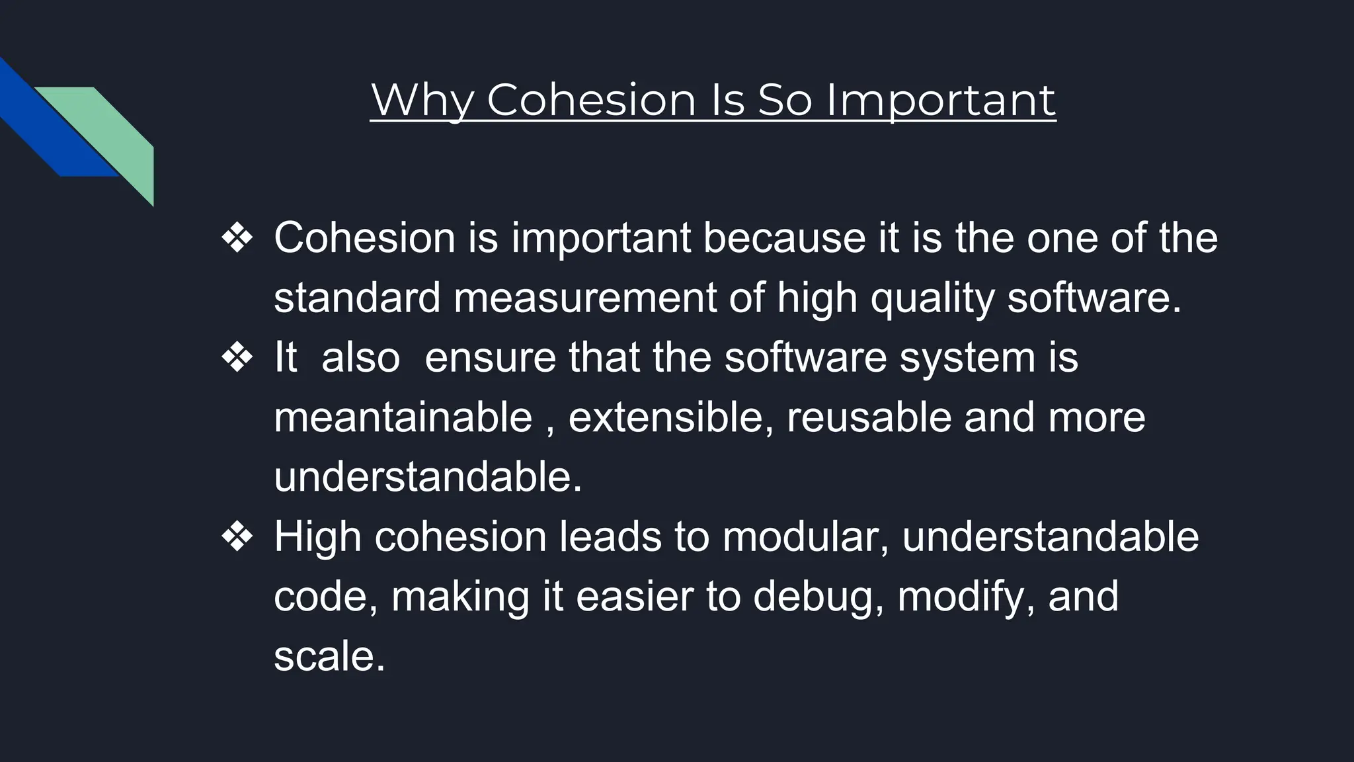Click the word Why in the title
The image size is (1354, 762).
pos(423,101)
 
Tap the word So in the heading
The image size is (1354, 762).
pos(785,101)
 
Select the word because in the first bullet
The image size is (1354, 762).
pos(784,237)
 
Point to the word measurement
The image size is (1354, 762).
pos(585,298)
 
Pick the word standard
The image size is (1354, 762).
pos(357,298)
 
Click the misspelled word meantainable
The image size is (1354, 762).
pos(403,417)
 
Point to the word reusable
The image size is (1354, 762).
pos(869,417)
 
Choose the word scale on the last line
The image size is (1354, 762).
pos(329,656)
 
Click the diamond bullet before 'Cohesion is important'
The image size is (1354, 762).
pos(237,239)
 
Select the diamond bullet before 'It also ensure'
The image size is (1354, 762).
pos(237,359)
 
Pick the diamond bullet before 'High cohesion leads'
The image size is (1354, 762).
pos(237,538)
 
